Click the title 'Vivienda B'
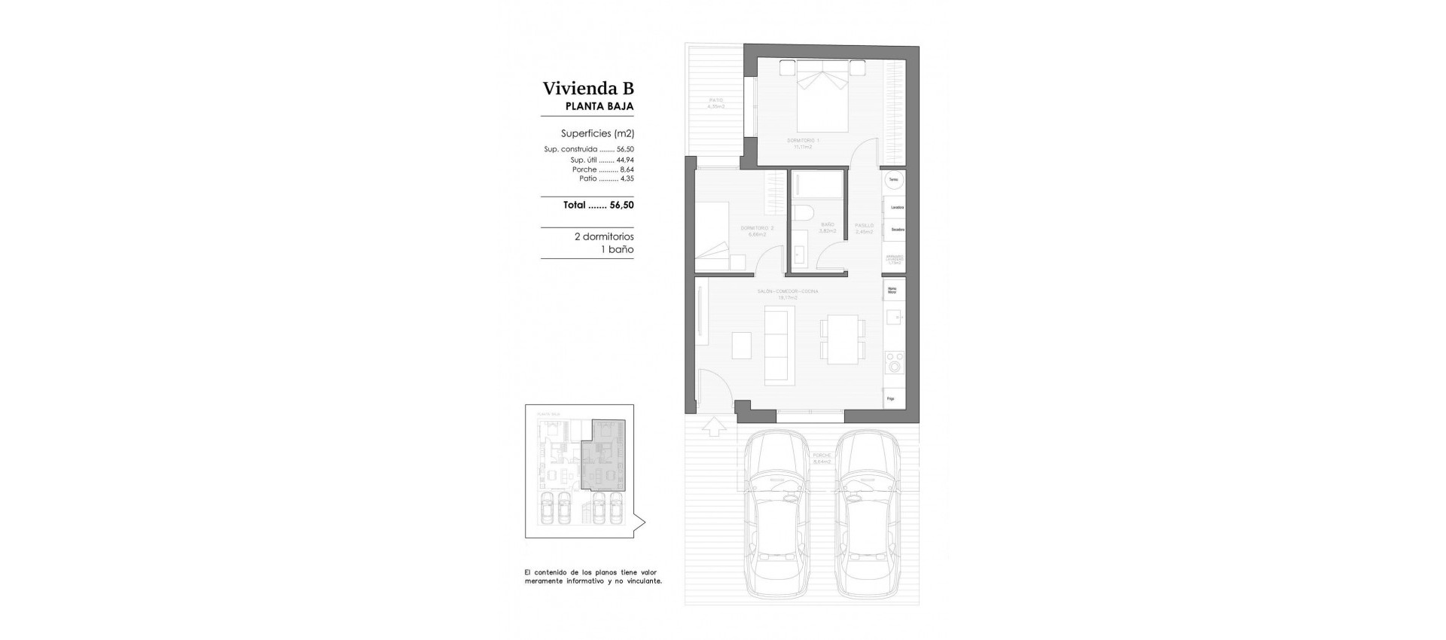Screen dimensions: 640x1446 (x=588, y=89)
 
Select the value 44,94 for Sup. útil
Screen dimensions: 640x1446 (x=625, y=160)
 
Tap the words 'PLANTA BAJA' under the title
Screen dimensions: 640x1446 (x=599, y=107)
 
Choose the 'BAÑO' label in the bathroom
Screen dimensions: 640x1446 (x=828, y=224)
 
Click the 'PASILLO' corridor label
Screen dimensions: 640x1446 (x=864, y=225)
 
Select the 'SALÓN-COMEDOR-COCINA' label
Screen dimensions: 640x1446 (x=787, y=291)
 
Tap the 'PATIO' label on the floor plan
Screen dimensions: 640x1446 (x=715, y=100)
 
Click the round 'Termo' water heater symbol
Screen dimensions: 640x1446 (x=893, y=181)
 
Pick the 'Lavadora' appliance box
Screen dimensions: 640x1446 (x=895, y=207)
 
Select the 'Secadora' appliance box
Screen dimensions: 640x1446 (x=895, y=229)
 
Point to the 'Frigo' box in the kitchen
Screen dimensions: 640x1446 (x=893, y=398)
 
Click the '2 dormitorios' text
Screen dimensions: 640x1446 (x=603, y=236)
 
